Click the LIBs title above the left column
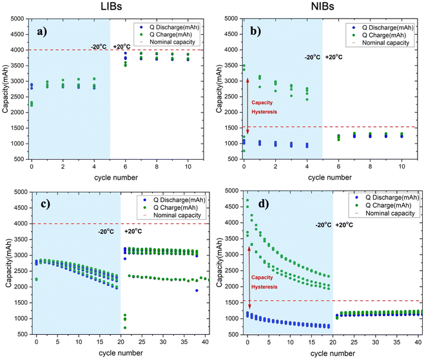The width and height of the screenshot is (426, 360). (x=110, y=7)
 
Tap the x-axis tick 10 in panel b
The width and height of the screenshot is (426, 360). (x=402, y=167)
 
